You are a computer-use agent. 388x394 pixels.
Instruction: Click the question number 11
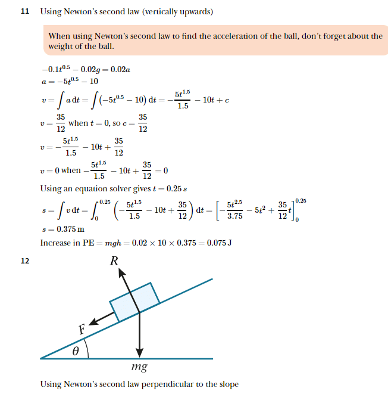[x=25, y=12]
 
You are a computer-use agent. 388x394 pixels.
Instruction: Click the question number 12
[x=25, y=260]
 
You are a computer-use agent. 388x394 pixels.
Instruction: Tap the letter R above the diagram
[x=114, y=260]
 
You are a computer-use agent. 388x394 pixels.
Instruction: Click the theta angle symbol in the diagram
[x=76, y=352]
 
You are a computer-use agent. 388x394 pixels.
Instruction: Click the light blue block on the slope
[x=135, y=303]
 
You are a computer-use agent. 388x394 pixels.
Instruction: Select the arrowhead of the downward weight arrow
[x=139, y=351]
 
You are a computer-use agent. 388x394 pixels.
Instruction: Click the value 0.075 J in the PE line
[x=218, y=243]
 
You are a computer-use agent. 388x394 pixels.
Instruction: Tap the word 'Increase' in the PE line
[x=55, y=243]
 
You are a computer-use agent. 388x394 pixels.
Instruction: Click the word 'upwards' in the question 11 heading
[x=193, y=12]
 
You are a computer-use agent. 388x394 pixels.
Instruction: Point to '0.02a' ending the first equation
[x=120, y=70]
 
